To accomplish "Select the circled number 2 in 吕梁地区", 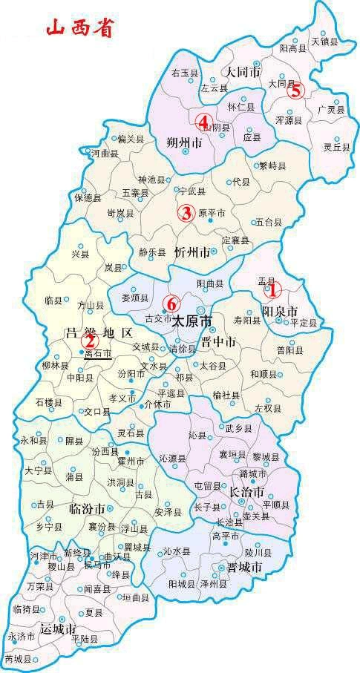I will click(x=89, y=341).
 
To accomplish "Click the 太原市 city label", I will click(x=192, y=323).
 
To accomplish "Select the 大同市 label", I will click(x=242, y=73).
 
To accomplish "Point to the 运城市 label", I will click(x=59, y=628).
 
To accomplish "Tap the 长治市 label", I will click(x=246, y=492).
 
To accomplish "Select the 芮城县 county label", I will click(x=19, y=659).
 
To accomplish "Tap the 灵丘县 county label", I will click(x=330, y=147).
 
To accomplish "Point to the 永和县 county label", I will click(x=33, y=441).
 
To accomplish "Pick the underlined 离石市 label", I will click(x=97, y=355).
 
